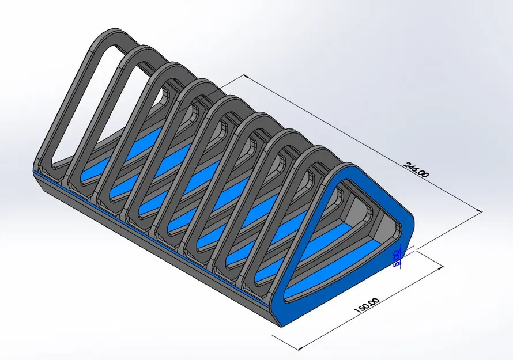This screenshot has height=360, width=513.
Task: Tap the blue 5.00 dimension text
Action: point(397,258)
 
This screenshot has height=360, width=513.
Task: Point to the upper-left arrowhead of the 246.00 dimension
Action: point(247,77)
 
